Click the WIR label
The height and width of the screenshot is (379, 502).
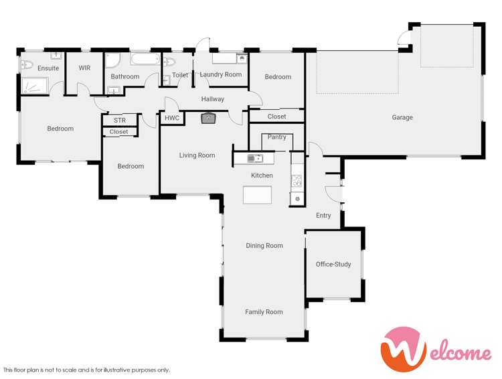click(84, 68)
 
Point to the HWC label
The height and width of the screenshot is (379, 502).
click(172, 119)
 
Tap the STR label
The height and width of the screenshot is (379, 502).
click(119, 121)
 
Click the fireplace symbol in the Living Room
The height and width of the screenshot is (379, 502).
click(209, 119)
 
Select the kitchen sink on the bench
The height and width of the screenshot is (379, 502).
click(255, 159)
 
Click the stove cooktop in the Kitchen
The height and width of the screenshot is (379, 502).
click(297, 181)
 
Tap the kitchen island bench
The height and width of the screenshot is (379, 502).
click(258, 195)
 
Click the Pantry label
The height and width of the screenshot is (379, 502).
click(276, 137)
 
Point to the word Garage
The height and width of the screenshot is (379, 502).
click(402, 117)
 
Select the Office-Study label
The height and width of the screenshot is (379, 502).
click(333, 264)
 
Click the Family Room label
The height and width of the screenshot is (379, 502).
click(264, 312)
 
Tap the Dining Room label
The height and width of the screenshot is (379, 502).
click(264, 246)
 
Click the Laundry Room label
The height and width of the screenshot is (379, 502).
click(221, 74)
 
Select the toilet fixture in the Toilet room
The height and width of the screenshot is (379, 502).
click(169, 63)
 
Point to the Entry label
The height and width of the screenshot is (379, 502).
click(323, 216)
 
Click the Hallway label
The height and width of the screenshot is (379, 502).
click(213, 99)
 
